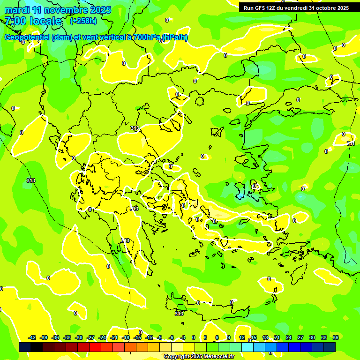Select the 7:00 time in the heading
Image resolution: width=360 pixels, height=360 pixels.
(x=15, y=21)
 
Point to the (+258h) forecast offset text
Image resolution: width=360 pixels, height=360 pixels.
(x=83, y=21)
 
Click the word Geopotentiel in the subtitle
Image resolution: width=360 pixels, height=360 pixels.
(x=27, y=37)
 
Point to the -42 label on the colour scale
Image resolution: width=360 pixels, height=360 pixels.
(x=32, y=337)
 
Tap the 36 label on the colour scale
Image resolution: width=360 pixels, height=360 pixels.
(x=336, y=337)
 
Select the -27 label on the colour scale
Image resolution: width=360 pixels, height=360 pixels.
(x=91, y=337)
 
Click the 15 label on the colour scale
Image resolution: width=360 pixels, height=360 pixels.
(x=254, y=337)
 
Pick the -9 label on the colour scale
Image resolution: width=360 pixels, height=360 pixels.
(x=159, y=337)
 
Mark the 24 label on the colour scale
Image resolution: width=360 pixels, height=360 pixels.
(x=289, y=337)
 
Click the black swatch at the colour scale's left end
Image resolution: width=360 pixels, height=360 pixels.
(x=25, y=347)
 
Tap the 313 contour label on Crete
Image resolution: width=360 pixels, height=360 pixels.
(x=179, y=313)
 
